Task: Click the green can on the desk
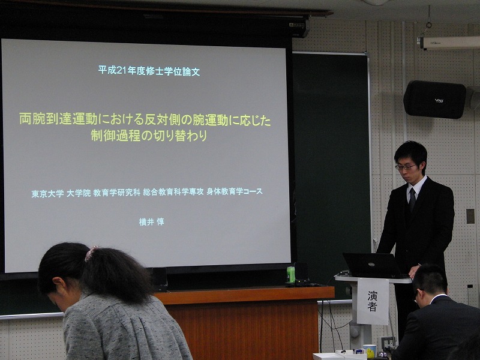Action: (x=290, y=274)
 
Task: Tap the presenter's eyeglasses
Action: (x=406, y=167)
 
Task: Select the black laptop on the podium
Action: (x=373, y=265)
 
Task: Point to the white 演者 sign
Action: (x=373, y=301)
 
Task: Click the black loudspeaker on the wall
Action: (x=434, y=99)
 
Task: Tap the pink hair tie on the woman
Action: (x=91, y=253)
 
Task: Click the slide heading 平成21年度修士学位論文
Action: (x=149, y=71)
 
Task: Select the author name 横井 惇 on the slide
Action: (x=152, y=221)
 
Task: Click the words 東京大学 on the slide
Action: (x=48, y=193)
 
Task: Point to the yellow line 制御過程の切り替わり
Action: (x=149, y=136)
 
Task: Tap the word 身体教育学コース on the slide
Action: (x=235, y=191)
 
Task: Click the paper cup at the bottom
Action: (x=370, y=350)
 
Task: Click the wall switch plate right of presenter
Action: (x=470, y=216)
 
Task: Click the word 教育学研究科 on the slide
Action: (x=116, y=193)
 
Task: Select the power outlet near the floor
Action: (x=388, y=342)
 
